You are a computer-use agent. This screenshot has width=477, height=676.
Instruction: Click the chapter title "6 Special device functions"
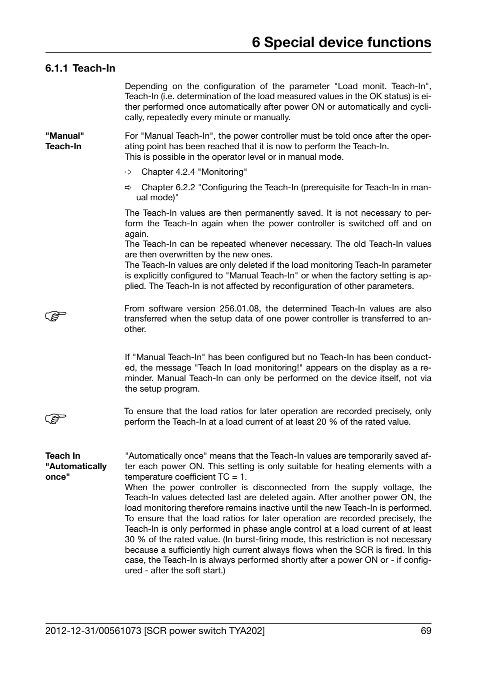[341, 43]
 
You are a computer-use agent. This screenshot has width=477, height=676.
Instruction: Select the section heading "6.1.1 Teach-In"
[80, 68]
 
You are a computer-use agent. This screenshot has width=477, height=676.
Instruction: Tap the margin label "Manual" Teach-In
[64, 141]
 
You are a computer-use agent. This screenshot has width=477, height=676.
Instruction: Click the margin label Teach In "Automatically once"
[75, 466]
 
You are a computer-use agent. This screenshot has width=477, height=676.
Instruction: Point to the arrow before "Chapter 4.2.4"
[128, 172]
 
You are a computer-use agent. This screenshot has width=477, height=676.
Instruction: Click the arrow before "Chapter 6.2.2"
[128, 188]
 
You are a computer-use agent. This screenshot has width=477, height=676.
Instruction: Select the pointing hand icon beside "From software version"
[55, 316]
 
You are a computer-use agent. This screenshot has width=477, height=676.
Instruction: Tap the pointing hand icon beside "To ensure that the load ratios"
[55, 419]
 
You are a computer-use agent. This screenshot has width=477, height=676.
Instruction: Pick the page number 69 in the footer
[425, 631]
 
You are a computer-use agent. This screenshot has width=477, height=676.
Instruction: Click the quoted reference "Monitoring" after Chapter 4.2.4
[222, 172]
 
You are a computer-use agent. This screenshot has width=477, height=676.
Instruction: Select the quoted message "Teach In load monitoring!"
[248, 368]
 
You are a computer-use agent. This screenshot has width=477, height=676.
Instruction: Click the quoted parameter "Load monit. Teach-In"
[382, 86]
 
